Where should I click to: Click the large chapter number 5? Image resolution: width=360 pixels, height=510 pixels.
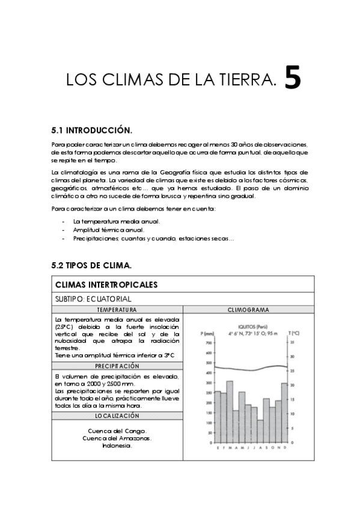click(x=292, y=78)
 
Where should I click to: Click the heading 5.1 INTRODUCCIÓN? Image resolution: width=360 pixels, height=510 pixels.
click(x=92, y=130)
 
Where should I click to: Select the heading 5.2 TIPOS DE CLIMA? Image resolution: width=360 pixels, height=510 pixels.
click(x=92, y=265)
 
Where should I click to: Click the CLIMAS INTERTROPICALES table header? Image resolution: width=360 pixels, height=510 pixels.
click(x=106, y=284)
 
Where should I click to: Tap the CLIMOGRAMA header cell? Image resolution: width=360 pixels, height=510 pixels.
click(x=248, y=309)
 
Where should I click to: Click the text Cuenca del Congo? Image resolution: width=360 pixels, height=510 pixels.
click(x=117, y=431)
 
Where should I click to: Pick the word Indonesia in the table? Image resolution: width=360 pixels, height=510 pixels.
click(x=117, y=446)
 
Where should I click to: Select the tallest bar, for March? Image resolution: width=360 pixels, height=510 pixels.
click(x=230, y=411)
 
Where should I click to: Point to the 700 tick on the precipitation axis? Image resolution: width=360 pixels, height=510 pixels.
click(x=210, y=342)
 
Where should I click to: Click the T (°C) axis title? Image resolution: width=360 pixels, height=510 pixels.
click(x=294, y=333)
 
